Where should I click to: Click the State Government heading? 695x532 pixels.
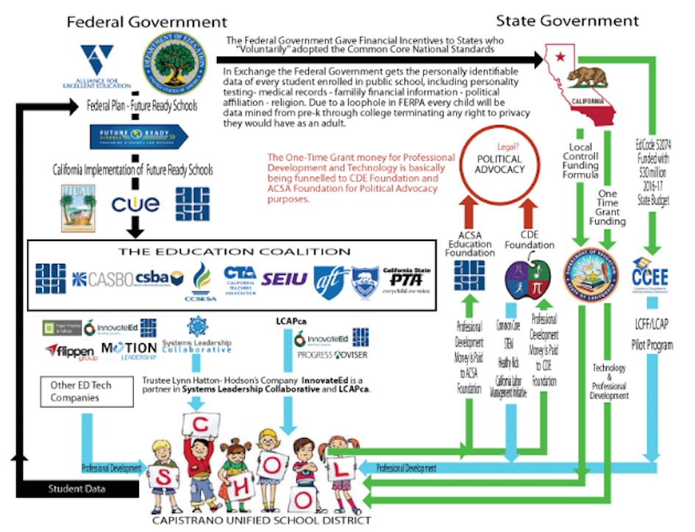567,20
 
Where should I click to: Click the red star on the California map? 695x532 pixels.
560,57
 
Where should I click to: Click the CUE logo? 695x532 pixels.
135,203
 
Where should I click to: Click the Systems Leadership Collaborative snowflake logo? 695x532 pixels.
196,326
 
